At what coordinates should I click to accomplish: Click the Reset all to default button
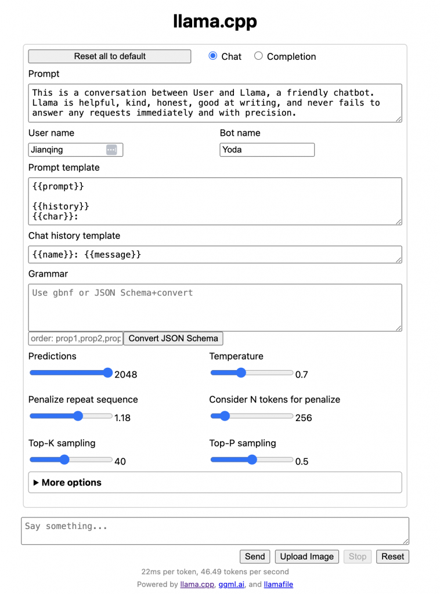pos(110,56)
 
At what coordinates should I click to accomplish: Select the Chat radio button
pos(212,56)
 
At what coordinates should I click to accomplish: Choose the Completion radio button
pos(258,56)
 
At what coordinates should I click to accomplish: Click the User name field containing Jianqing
pos(67,150)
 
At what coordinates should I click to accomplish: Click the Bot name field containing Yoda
pos(267,150)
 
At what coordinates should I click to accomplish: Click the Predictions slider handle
pos(107,373)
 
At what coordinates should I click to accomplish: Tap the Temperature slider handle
pos(241,373)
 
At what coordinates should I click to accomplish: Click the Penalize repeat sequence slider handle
pos(78,416)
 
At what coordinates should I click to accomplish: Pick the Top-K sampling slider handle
pos(64,460)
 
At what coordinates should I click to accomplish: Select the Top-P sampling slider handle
pos(252,460)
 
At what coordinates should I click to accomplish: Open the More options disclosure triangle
pos(37,483)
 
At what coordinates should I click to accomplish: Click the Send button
pos(255,556)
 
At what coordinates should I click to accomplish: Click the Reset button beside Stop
pos(393,556)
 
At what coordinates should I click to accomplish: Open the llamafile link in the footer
pos(279,584)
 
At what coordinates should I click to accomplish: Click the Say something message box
pos(215,531)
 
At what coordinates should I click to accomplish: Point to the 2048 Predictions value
pos(126,374)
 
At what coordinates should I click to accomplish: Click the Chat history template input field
pos(215,255)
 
